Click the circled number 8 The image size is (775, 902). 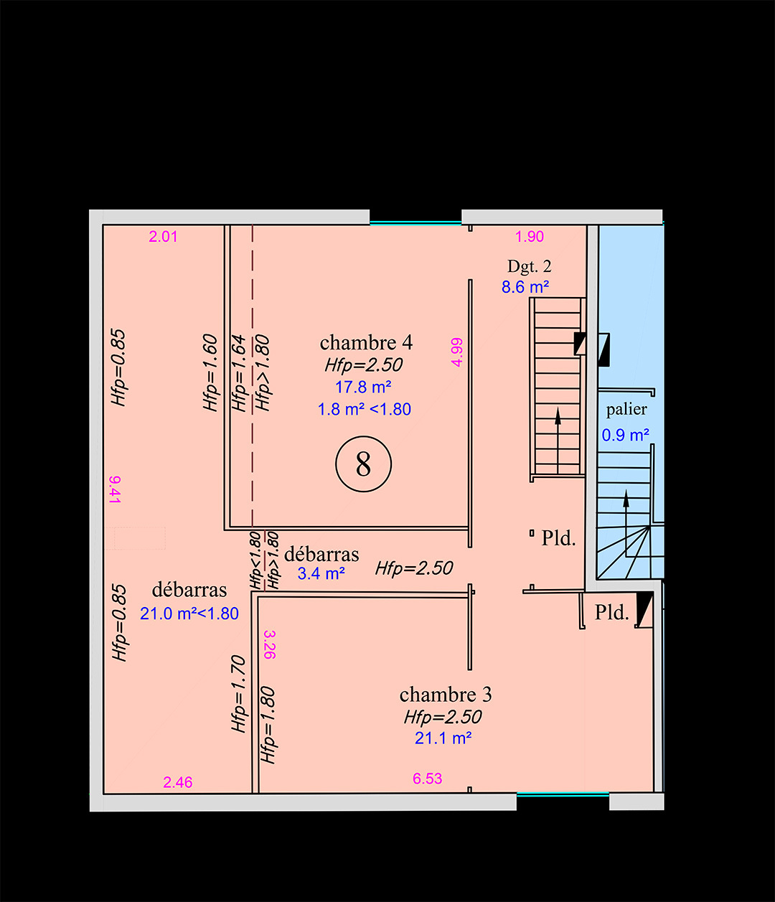coord(364,465)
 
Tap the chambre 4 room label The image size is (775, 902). coord(366,342)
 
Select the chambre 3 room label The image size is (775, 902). coord(446,695)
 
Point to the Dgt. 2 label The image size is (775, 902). coord(530,266)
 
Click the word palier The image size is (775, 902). coord(626,409)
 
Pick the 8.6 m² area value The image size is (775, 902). coord(525,287)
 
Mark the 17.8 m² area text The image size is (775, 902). coord(363,387)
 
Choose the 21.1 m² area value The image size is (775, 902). coord(443,738)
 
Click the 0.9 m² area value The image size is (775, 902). coord(626,435)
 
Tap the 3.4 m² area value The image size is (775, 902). coord(321,573)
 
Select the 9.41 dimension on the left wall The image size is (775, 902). coord(115,489)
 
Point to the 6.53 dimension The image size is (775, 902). coord(428,779)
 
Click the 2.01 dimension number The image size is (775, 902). coord(163,237)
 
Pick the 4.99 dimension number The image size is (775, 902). coord(456,352)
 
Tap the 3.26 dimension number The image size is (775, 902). coord(270,644)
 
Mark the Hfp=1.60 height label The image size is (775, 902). coord(210,373)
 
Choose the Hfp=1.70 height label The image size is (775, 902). coord(239,694)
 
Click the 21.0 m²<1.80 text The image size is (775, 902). coord(189,614)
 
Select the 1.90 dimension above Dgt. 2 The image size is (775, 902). coord(530,237)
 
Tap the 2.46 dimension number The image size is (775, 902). coord(178,782)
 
